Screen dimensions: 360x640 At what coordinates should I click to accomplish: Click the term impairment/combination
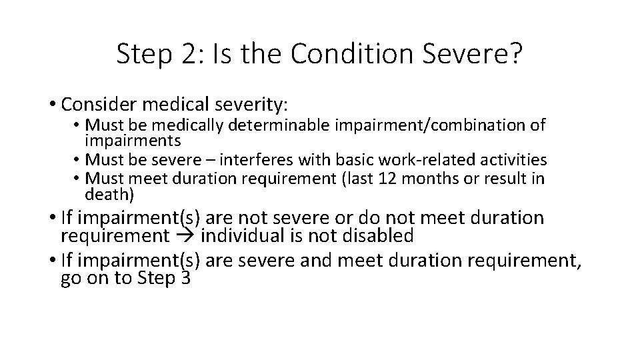click(x=439, y=125)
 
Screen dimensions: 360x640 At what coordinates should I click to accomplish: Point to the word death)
click(x=109, y=195)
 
